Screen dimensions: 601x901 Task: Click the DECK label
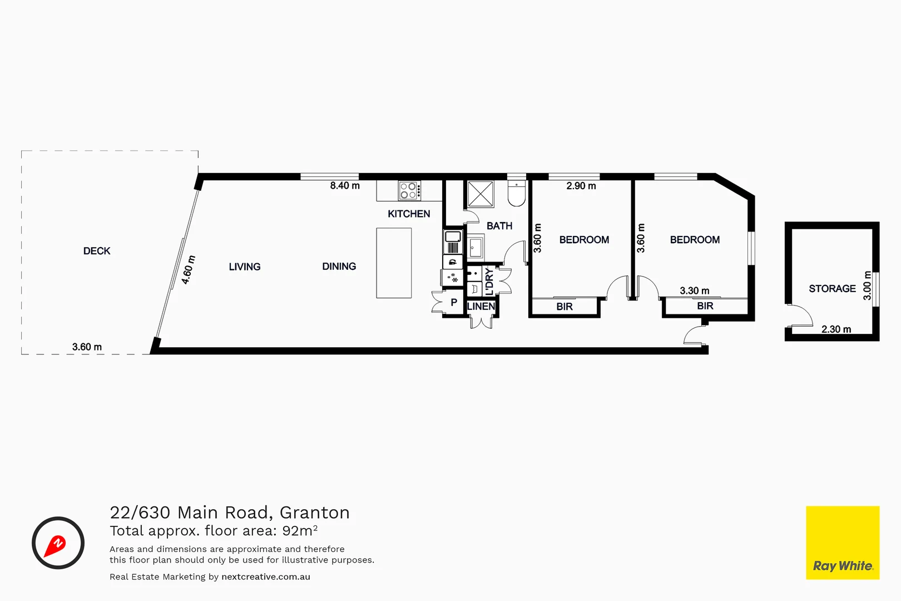pos(97,251)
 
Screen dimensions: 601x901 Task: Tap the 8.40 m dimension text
pos(345,186)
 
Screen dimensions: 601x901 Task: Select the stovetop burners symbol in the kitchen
pos(409,190)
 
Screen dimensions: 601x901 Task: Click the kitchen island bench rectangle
pos(394,263)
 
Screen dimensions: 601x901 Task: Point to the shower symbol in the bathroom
pos(480,194)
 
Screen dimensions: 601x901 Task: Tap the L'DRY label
pos(489,281)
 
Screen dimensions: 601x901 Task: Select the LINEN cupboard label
pos(481,307)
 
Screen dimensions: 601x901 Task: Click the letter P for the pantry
pos(454,303)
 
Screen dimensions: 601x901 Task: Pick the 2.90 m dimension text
pos(581,186)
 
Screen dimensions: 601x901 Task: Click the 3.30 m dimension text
pos(694,290)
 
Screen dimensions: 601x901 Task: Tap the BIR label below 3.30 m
pos(705,306)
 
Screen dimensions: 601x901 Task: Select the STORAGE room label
pos(832,288)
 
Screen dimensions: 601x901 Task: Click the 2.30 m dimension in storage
pos(836,329)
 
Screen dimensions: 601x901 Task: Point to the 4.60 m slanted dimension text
pos(189,270)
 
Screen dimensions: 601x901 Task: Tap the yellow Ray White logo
pos(842,543)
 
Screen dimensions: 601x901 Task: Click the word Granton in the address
pos(315,513)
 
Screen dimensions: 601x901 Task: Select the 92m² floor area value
pos(300,530)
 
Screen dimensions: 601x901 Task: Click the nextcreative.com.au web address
pos(266,577)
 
